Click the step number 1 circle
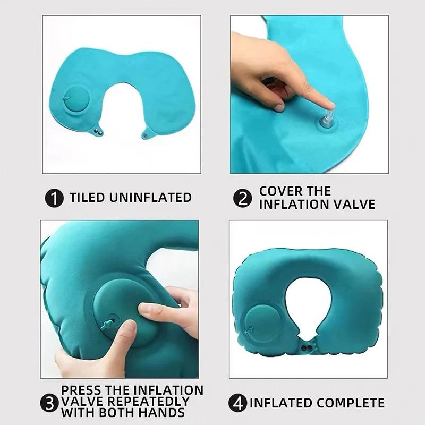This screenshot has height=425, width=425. click(53, 198)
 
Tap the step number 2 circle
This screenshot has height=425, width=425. click(242, 199)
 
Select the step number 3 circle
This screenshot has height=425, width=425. click(50, 402)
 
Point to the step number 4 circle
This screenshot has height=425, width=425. click(239, 403)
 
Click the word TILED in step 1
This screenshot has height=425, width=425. click(88, 198)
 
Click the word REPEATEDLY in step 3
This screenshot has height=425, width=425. click(154, 401)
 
